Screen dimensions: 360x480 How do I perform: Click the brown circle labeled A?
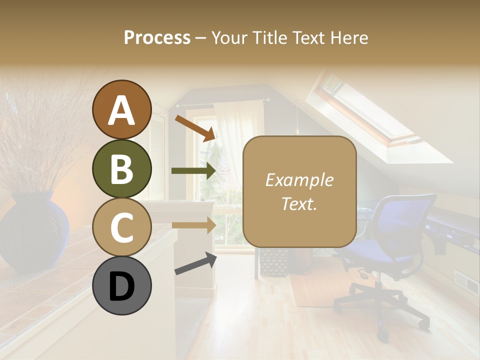coord(121,110)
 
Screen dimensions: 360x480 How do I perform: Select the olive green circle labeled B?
coord(121,168)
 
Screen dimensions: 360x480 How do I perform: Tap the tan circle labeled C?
coord(121,227)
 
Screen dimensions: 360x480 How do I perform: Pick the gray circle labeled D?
coord(121,285)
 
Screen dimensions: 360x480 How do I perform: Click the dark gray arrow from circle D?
coord(195,263)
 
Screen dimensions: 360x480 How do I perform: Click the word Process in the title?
coord(157,37)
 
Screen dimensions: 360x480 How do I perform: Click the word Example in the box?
coord(299,180)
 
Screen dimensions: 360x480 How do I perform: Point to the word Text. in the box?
coord(299,203)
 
